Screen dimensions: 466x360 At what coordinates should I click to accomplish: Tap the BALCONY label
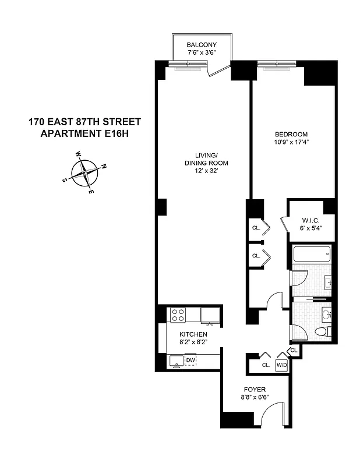202,45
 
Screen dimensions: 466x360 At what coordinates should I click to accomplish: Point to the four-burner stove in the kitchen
178,315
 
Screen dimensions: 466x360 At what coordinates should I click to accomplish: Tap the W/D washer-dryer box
282,365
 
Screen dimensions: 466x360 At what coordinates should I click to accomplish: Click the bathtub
312,255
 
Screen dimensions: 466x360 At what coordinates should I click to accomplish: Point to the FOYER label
255,389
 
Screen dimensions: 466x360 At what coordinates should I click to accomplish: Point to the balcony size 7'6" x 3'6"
202,53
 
